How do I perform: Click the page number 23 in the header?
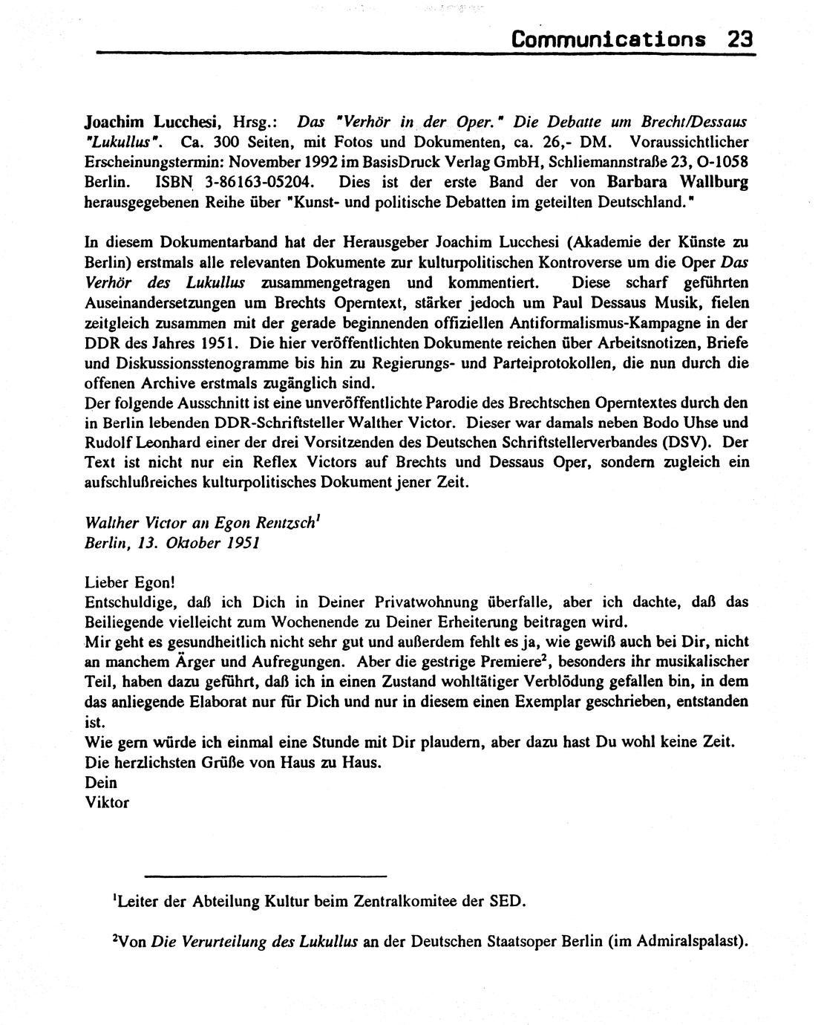coord(740,39)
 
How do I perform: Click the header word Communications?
coord(608,39)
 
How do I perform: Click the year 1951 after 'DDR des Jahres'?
coord(218,343)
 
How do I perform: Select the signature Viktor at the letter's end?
coord(108,802)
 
